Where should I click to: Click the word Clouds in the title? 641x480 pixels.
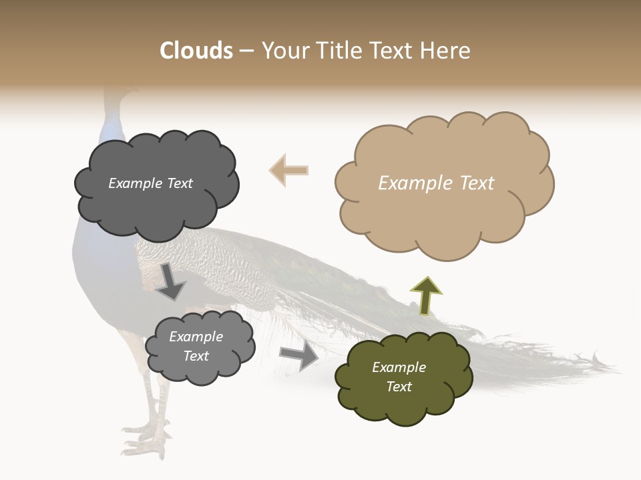[x=196, y=51]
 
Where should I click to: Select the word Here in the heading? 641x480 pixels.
[x=447, y=51]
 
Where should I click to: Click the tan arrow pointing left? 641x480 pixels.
[x=288, y=170]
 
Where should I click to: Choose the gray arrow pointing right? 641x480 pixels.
[x=299, y=355]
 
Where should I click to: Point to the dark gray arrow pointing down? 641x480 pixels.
[x=171, y=281]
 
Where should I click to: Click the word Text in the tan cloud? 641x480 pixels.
[x=477, y=183]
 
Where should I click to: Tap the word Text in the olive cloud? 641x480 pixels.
[x=399, y=387]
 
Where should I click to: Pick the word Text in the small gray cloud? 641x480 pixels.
[x=196, y=356]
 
